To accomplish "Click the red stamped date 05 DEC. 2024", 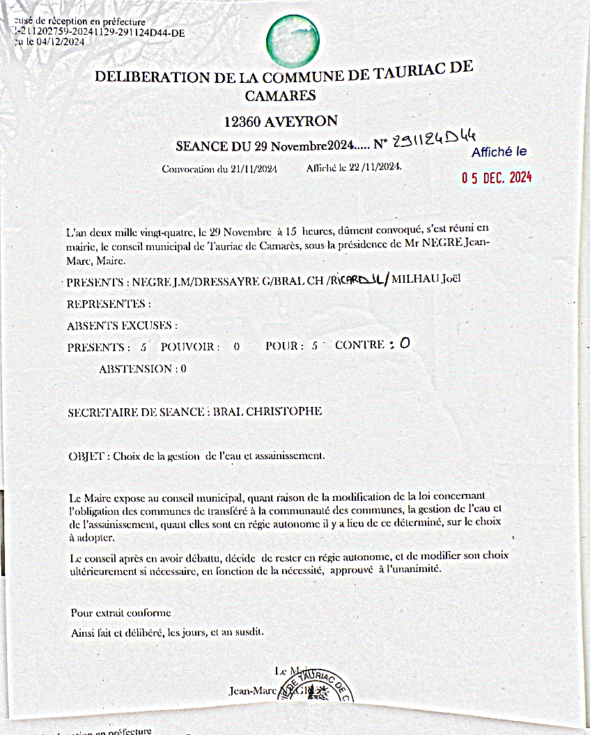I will tap(497, 178).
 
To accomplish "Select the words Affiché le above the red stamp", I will tap(499, 152).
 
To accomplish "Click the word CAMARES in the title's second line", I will tap(281, 95).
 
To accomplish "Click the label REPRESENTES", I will tap(108, 304).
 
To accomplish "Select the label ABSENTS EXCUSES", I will tap(121, 325).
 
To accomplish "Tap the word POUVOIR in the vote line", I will tap(189, 346).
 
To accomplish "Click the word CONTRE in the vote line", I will tap(359, 345).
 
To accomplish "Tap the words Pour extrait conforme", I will tap(121, 613).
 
